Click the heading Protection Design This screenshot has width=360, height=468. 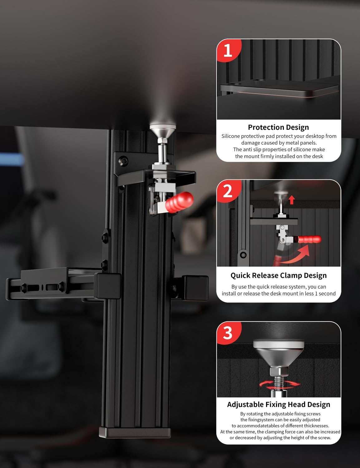pyautogui.click(x=278, y=127)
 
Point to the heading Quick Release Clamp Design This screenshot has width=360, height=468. pyautogui.click(x=278, y=275)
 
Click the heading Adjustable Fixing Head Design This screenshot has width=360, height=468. pyautogui.click(x=279, y=404)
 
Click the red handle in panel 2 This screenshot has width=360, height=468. pyautogui.click(x=309, y=239)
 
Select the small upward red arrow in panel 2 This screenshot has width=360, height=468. pyautogui.click(x=292, y=200)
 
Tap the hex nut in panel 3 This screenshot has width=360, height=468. pyautogui.click(x=279, y=372)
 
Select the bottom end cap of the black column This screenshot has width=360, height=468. pyautogui.click(x=135, y=432)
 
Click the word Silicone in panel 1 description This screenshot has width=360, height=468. pyautogui.click(x=231, y=136)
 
